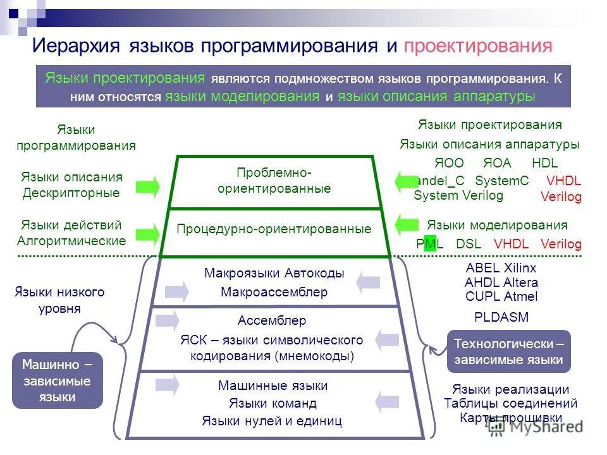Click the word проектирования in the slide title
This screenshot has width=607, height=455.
(x=478, y=46)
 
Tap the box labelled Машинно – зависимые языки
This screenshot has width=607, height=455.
(x=57, y=380)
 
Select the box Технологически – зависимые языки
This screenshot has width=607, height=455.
(x=508, y=351)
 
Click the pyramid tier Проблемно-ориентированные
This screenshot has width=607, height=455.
(x=274, y=181)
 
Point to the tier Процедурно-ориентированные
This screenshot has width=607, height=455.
(x=274, y=229)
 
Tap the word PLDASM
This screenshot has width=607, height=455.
(x=501, y=317)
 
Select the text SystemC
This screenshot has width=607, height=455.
(x=501, y=181)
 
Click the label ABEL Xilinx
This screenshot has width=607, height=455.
(x=501, y=268)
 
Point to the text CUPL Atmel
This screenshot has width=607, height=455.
(x=501, y=296)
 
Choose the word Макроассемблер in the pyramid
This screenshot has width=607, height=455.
(x=274, y=292)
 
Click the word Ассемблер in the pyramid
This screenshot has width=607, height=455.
(x=272, y=320)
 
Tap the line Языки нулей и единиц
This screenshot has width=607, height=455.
(x=272, y=420)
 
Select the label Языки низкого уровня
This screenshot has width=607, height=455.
(x=59, y=300)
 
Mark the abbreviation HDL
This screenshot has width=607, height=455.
(x=544, y=163)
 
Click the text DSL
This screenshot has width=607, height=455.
(x=469, y=244)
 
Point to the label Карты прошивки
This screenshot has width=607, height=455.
(x=511, y=418)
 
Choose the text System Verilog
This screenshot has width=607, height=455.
(x=458, y=195)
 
